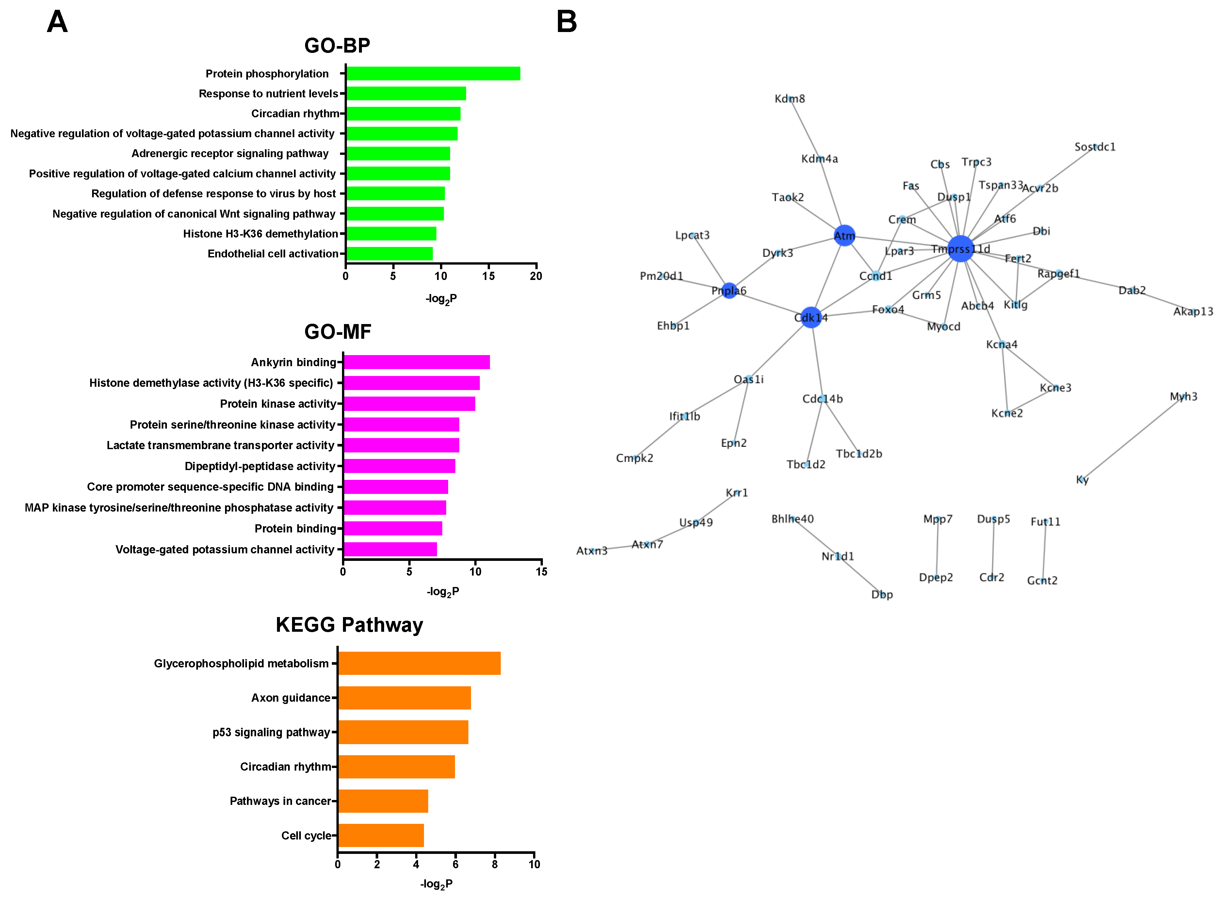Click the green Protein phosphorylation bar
tap(433, 73)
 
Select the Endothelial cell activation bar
tap(389, 253)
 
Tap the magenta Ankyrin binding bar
tap(416, 362)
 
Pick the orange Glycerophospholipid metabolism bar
tap(419, 663)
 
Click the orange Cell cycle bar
tap(381, 835)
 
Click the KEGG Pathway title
tap(349, 625)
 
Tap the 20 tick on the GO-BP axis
tap(536, 276)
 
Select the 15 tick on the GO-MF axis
tap(541, 571)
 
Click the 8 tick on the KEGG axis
tap(495, 864)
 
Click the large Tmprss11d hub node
tap(960, 248)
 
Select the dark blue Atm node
tap(844, 235)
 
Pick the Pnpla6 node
tap(729, 290)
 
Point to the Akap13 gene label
tap(1193, 311)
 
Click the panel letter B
tap(566, 22)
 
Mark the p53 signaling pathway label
tap(271, 732)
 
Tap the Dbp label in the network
tap(882, 595)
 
